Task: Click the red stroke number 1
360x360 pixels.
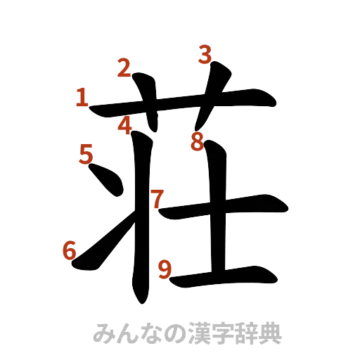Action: tap(82, 98)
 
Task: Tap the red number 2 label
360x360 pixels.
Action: tap(124, 69)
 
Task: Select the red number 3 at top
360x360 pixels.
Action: tap(204, 56)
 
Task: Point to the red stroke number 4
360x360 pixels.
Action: tap(124, 126)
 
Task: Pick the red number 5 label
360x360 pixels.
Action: tap(86, 153)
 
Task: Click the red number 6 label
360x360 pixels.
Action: tap(70, 250)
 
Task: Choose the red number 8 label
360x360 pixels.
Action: tap(198, 143)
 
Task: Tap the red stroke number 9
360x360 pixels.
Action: tap(165, 269)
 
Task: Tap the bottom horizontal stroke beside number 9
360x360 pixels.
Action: tap(225, 275)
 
